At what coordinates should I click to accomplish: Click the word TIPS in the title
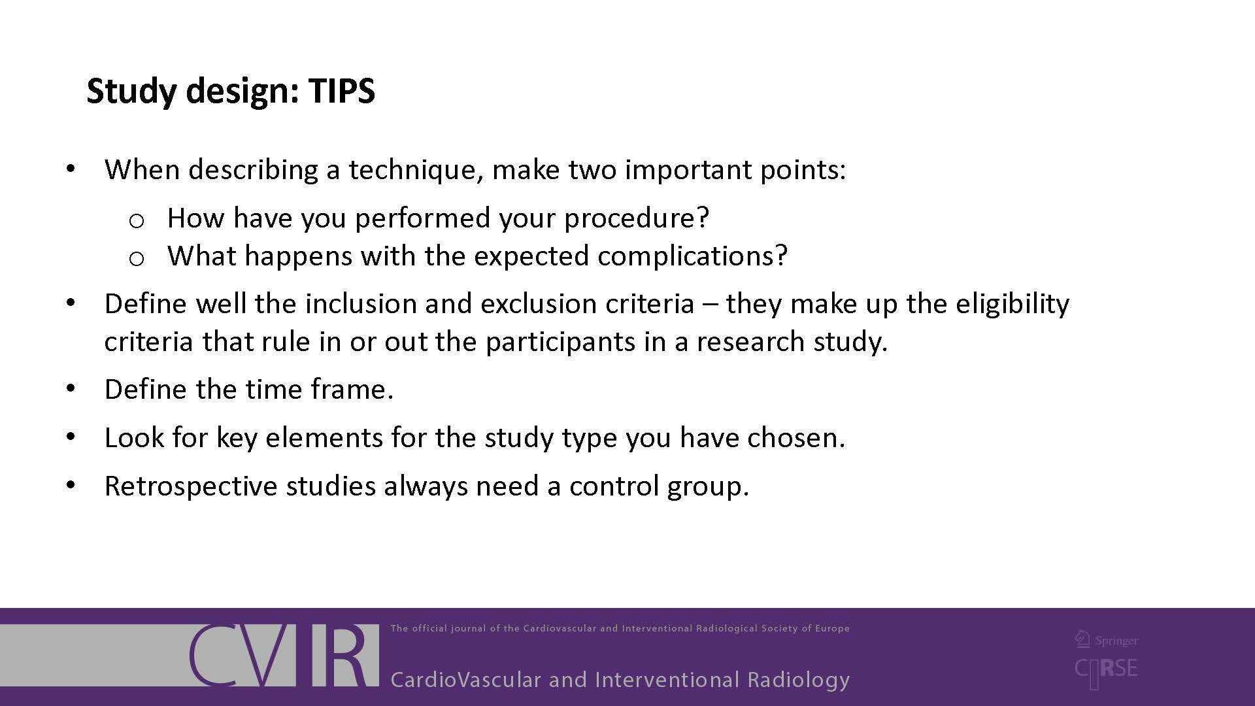click(x=342, y=90)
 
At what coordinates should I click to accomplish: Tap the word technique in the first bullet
click(x=416, y=170)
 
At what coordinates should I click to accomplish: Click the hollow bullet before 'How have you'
click(x=137, y=222)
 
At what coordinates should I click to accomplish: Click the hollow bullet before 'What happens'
click(x=137, y=260)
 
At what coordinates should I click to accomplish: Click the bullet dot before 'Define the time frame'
click(x=71, y=389)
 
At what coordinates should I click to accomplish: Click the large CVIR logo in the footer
click(x=284, y=655)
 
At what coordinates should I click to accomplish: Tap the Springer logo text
click(x=1107, y=640)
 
